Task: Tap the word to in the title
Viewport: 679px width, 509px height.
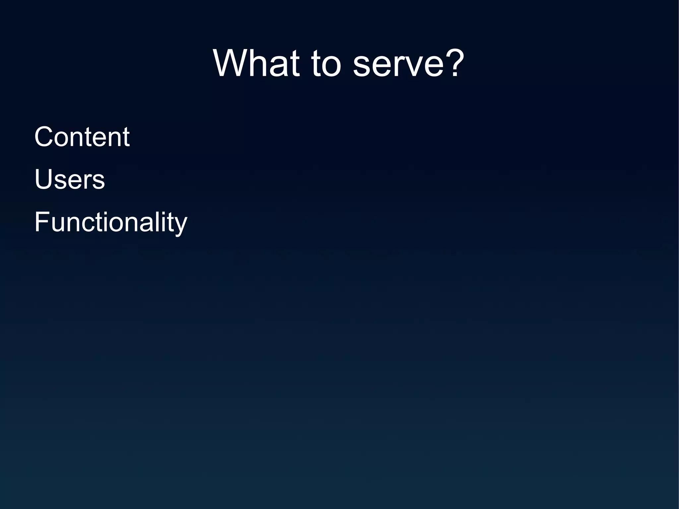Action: coord(326,64)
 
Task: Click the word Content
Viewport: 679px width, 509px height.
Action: coord(82,137)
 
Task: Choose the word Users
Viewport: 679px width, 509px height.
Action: coord(70,179)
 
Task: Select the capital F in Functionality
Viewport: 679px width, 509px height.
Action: coord(41,222)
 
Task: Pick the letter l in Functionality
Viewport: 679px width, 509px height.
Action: coord(161,222)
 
